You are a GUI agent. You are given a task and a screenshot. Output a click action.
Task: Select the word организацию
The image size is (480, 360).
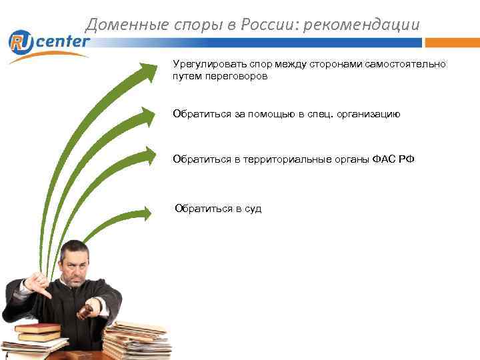coord(367,114)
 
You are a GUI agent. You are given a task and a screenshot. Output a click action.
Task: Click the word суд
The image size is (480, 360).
coord(253,209)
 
